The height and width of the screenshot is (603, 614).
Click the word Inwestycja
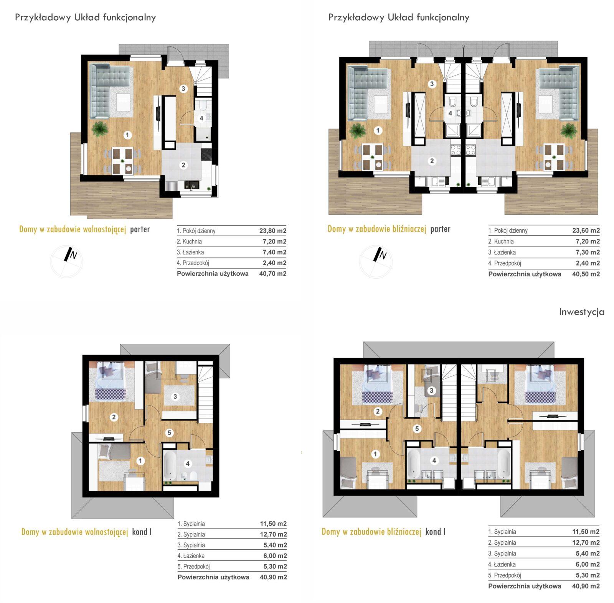click(581, 312)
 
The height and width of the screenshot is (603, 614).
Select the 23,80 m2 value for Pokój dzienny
click(273, 231)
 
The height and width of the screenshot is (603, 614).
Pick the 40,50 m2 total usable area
click(586, 274)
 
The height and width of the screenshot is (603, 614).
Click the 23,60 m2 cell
click(586, 231)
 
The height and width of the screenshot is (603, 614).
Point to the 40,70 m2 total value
click(273, 274)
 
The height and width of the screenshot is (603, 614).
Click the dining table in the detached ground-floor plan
click(122, 160)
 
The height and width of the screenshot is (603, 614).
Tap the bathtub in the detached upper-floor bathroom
click(169, 465)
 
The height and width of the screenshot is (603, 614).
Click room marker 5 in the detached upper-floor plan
click(169, 433)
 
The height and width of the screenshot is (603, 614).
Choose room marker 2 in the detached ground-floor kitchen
click(183, 165)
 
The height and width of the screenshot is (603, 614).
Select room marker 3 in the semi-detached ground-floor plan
click(432, 84)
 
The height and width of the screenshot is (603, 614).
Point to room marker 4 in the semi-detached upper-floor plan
click(434, 460)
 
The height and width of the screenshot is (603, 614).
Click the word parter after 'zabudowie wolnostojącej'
click(140, 230)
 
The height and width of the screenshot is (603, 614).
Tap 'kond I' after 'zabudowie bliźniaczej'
click(436, 532)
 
